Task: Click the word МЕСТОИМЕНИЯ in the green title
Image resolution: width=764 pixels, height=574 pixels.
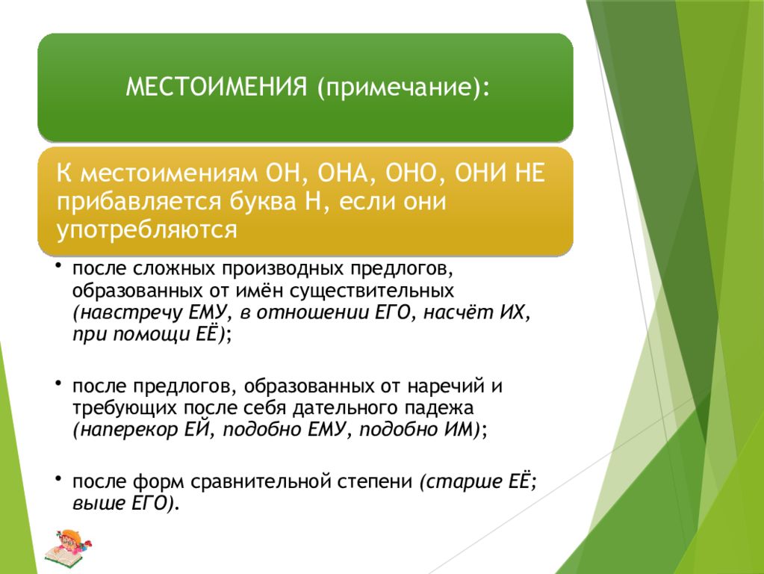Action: point(217,87)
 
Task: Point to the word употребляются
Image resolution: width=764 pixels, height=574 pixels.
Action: point(146,230)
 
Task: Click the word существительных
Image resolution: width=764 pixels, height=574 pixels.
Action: point(372,291)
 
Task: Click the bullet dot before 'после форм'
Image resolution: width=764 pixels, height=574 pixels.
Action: point(58,478)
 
